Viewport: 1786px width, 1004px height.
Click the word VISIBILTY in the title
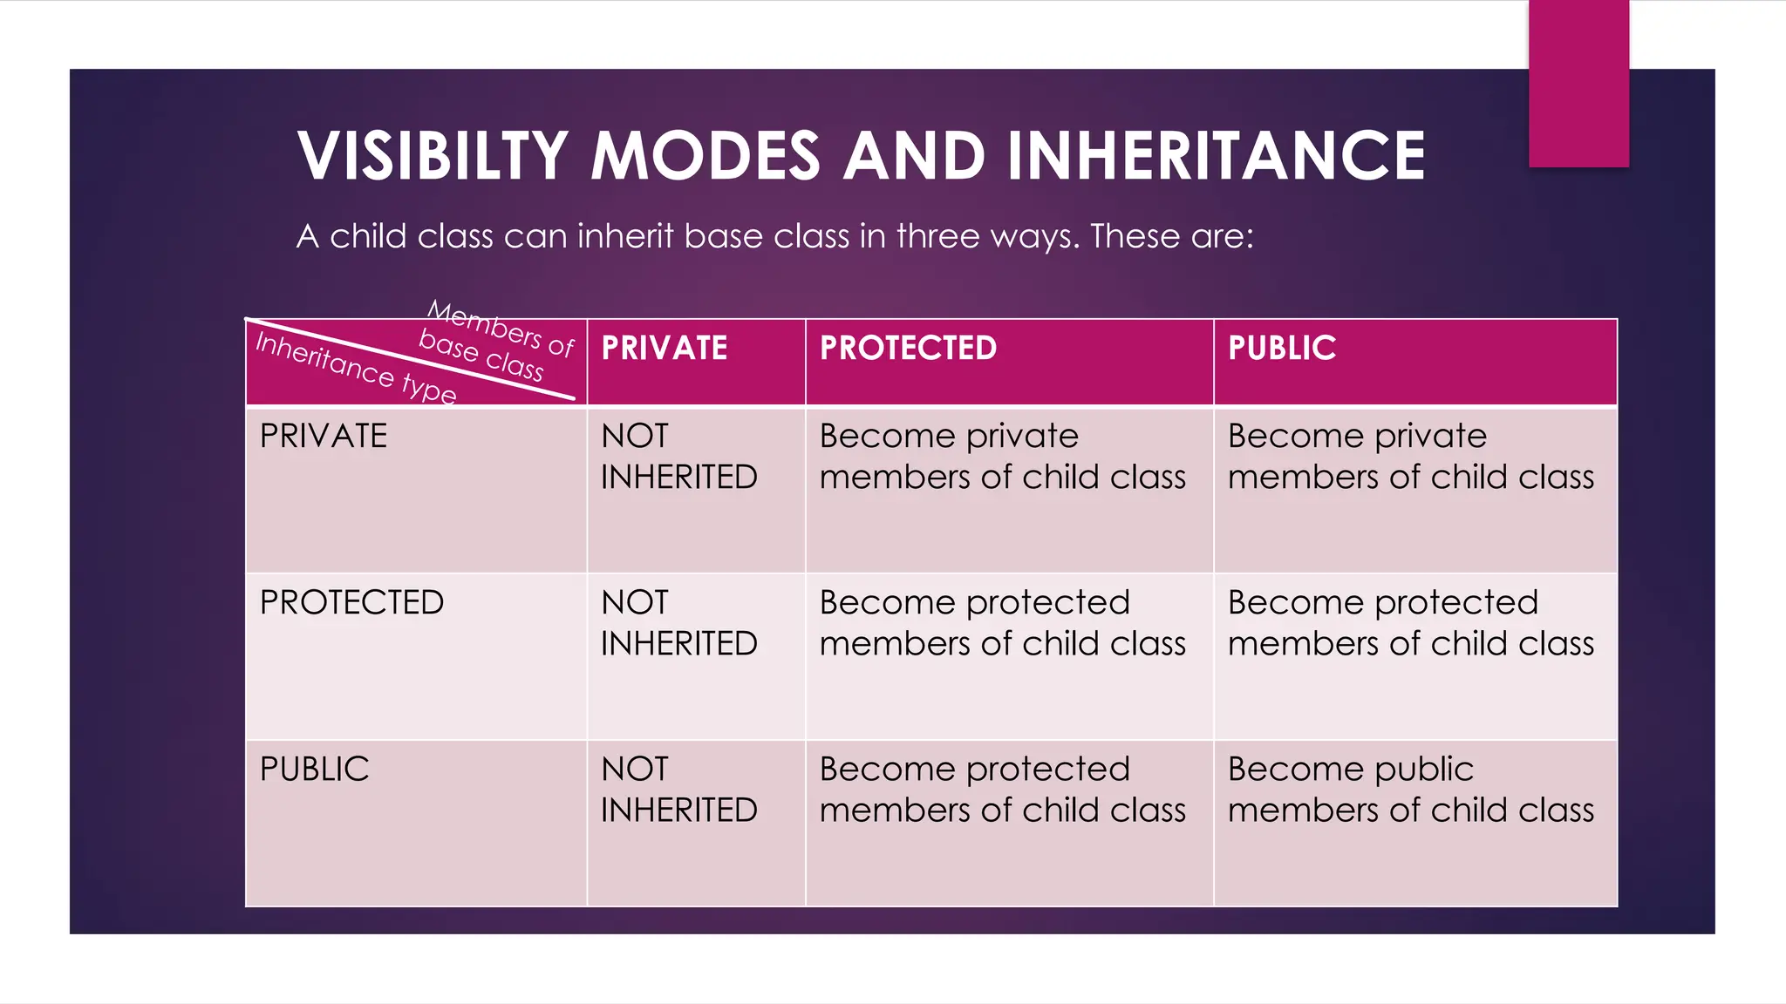433,156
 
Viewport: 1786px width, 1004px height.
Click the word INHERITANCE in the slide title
1216,156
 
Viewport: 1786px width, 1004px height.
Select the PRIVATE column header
665,349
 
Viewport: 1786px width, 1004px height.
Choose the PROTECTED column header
908,349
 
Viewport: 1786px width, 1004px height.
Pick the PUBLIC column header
1282,349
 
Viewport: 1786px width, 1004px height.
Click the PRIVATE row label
324,436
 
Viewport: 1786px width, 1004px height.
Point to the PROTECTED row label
351,602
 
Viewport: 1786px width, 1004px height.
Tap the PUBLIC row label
315,769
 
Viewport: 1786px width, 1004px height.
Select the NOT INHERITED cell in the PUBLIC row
678,790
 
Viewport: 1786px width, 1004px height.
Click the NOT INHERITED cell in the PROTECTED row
678,623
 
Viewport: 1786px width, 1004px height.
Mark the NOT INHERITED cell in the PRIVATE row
678,457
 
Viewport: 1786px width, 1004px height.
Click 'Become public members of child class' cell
1410,790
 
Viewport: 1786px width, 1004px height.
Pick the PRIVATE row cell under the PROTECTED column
1002,457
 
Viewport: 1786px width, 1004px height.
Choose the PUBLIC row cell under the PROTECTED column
1002,790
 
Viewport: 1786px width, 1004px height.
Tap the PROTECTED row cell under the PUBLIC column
1410,623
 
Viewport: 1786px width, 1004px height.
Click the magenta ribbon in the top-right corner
1578,83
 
